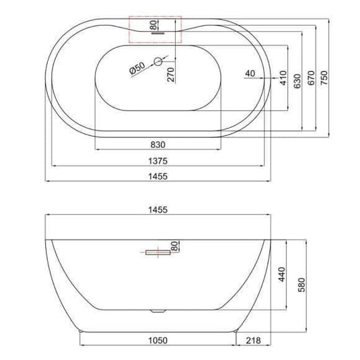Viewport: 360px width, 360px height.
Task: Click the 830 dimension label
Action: pyautogui.click(x=159, y=143)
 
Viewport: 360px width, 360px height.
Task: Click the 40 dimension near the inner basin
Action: pyautogui.click(x=251, y=73)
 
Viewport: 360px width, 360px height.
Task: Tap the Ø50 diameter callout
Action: pyautogui.click(x=137, y=68)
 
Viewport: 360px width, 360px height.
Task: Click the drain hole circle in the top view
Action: pyautogui.click(x=158, y=62)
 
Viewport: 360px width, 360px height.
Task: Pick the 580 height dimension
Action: pyautogui.click(x=299, y=283)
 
